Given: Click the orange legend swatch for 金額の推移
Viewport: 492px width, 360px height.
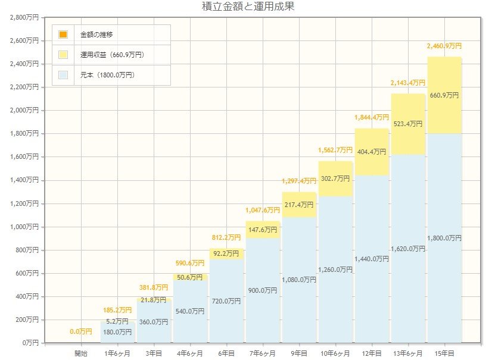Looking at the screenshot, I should pyautogui.click(x=63, y=34).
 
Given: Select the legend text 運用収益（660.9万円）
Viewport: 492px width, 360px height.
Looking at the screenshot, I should pyautogui.click(x=112, y=55).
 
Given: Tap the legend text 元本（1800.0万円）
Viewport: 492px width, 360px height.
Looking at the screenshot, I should pyautogui.click(x=107, y=75).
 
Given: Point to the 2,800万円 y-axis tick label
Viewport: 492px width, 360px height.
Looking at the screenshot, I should pyautogui.click(x=24, y=17).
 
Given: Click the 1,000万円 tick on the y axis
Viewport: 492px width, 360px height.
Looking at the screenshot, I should pyautogui.click(x=24, y=227).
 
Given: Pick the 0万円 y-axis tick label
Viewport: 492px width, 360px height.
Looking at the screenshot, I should pyautogui.click(x=30, y=343).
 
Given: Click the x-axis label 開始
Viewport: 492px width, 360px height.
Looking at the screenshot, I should pyautogui.click(x=81, y=353).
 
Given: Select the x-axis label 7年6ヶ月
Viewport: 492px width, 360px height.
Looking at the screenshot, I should pyautogui.click(x=263, y=353).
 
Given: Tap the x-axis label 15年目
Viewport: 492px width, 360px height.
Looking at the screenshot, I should pyautogui.click(x=444, y=353).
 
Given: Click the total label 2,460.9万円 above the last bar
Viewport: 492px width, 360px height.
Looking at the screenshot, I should pyautogui.click(x=444, y=46).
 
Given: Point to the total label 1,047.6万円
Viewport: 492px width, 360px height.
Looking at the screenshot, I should pyautogui.click(x=263, y=210).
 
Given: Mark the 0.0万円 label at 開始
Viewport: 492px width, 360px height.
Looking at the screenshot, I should pyautogui.click(x=81, y=331).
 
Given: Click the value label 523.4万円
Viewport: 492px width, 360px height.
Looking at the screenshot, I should pyautogui.click(x=408, y=124).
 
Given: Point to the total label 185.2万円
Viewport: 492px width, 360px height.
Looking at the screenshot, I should pyautogui.click(x=117, y=310).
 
